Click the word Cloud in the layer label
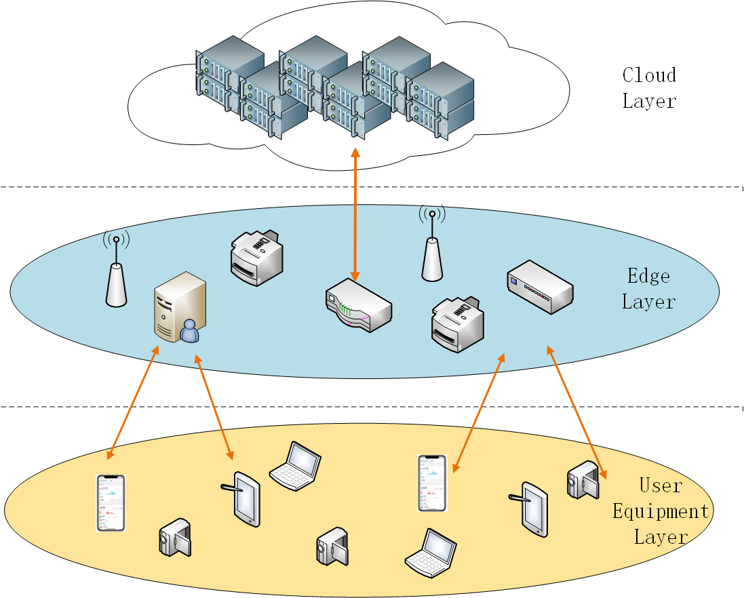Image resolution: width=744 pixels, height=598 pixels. pyautogui.click(x=649, y=75)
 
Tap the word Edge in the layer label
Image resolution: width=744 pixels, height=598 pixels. pyautogui.click(x=648, y=276)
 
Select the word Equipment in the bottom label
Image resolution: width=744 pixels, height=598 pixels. pyautogui.click(x=660, y=511)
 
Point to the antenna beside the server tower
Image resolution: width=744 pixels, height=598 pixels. pyautogui.click(x=117, y=275)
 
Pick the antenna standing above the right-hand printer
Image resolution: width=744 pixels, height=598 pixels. pyautogui.click(x=432, y=247)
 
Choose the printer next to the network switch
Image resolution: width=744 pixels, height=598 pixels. pyautogui.click(x=458, y=324)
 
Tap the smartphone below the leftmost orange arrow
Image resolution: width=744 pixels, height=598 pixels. pyautogui.click(x=111, y=502)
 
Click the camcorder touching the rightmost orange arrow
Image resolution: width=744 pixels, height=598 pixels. pyautogui.click(x=583, y=479)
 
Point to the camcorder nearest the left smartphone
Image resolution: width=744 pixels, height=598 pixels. pyautogui.click(x=175, y=538)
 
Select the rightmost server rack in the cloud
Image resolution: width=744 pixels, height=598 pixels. pyautogui.click(x=440, y=102)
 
